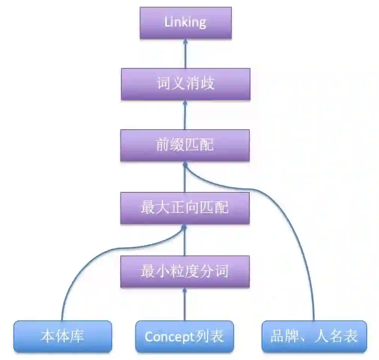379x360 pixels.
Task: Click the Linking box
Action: (x=185, y=22)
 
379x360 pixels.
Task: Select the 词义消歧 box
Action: (x=185, y=84)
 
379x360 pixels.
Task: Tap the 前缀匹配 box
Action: (x=185, y=145)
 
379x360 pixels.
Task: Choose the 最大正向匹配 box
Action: (x=185, y=208)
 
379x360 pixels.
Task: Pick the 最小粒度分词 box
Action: (x=185, y=271)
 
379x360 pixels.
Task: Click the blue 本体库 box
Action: (x=62, y=336)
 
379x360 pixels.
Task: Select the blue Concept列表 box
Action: (x=184, y=336)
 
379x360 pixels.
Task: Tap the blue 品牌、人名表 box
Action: (x=314, y=336)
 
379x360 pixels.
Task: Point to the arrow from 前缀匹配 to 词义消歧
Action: (x=185, y=115)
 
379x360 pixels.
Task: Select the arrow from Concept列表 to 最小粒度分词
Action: (x=185, y=304)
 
